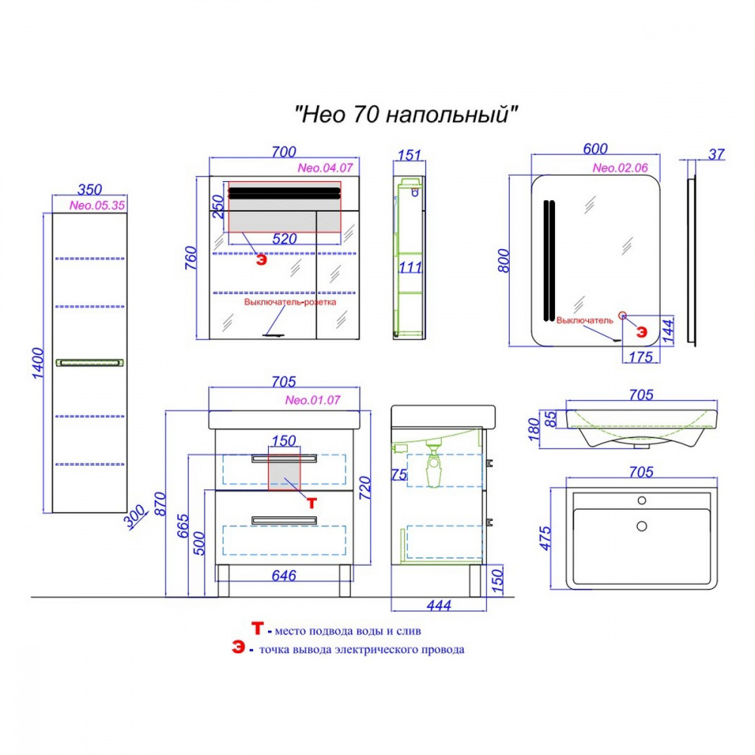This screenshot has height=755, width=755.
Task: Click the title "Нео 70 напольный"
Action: pyautogui.click(x=407, y=116)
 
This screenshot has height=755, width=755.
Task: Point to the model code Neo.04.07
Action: pyautogui.click(x=325, y=168)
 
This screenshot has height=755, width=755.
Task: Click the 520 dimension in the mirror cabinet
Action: pyautogui.click(x=284, y=239)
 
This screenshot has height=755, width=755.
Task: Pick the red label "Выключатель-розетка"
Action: pyautogui.click(x=290, y=301)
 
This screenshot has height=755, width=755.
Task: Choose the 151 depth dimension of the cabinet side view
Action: pyautogui.click(x=408, y=156)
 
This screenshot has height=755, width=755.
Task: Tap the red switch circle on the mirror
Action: pyautogui.click(x=623, y=315)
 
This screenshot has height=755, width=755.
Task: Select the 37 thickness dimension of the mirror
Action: pyautogui.click(x=716, y=155)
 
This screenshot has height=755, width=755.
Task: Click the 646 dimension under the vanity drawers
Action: pyautogui.click(x=284, y=575)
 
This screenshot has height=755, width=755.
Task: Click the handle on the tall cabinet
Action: pyautogui.click(x=89, y=362)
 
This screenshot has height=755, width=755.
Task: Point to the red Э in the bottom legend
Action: pyautogui.click(x=239, y=649)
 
